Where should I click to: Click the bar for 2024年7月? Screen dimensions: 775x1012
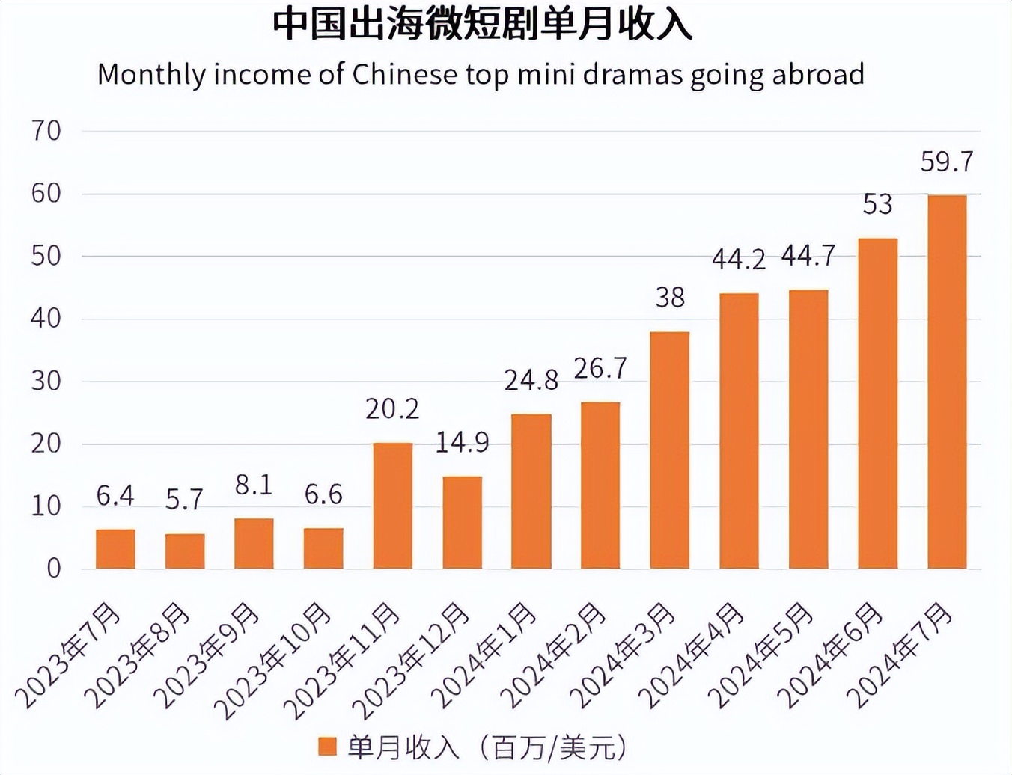point(946,382)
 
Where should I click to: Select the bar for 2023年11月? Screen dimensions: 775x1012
point(392,506)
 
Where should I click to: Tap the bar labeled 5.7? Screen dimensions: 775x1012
point(185,551)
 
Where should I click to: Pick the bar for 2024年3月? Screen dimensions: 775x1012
point(669,450)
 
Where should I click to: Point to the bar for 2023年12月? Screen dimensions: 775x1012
point(462,522)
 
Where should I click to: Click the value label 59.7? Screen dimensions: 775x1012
point(946,162)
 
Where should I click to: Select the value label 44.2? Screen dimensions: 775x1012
point(738,260)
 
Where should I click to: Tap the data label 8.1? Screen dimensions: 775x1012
point(253,485)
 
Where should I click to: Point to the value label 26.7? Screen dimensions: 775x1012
point(600,368)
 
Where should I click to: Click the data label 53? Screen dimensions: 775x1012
point(877,204)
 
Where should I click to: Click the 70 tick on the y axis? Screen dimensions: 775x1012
point(46,131)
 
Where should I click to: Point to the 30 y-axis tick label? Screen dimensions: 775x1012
point(46,382)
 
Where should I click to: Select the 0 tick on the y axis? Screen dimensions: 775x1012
point(53,569)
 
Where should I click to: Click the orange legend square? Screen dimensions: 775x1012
point(327,746)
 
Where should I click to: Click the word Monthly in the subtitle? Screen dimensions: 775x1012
point(150,75)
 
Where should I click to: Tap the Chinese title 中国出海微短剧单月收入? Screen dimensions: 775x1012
point(482,25)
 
